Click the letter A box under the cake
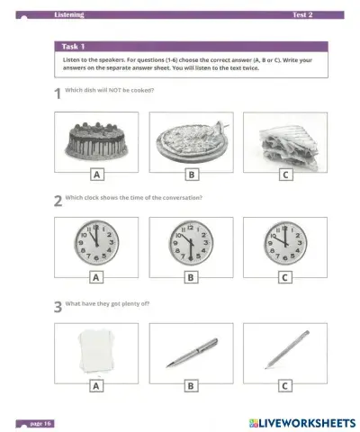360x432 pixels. point(96,175)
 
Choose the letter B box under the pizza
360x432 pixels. point(191,175)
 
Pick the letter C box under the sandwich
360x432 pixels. point(285,175)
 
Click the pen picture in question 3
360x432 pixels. point(191,351)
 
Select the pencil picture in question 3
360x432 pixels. point(285,349)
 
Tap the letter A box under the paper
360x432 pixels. point(96,386)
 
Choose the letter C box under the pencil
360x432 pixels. point(285,386)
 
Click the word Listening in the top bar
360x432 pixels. point(69,15)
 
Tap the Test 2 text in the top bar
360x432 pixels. point(302,15)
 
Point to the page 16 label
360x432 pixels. point(41,421)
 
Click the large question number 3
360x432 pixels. point(58,309)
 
